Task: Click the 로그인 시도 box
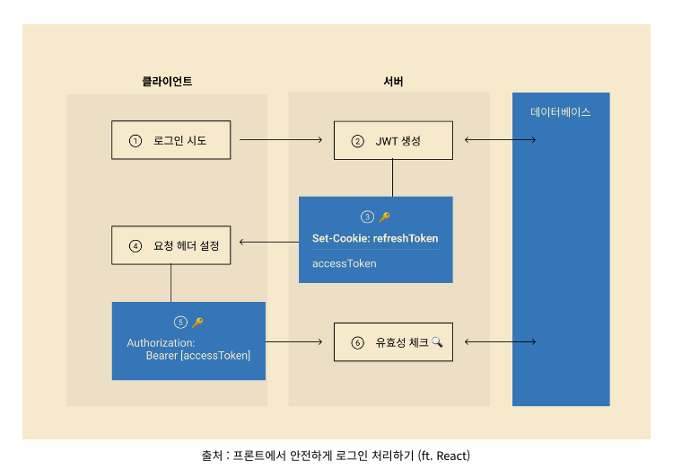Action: click(x=170, y=140)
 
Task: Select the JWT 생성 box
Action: click(x=393, y=141)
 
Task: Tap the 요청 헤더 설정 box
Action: click(x=170, y=245)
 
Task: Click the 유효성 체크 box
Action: click(x=393, y=342)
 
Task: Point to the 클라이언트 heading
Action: click(x=167, y=82)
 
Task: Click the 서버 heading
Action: click(x=393, y=82)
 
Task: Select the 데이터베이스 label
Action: click(x=561, y=113)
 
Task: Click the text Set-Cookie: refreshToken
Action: click(x=375, y=239)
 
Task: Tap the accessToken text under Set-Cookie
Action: click(x=345, y=263)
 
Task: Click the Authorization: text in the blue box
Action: click(x=161, y=343)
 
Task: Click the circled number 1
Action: click(x=135, y=141)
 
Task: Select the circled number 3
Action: click(x=367, y=217)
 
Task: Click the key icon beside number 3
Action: click(x=385, y=217)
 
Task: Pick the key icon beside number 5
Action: click(x=197, y=323)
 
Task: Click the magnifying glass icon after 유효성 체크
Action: click(x=437, y=341)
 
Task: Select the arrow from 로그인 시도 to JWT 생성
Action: click(x=281, y=140)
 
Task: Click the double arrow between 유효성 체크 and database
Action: click(x=500, y=342)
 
